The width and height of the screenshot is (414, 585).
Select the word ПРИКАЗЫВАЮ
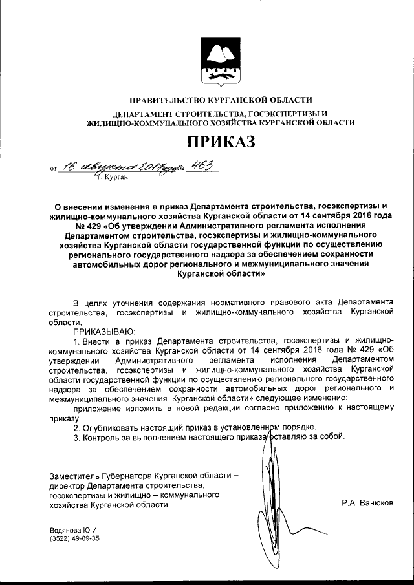101,330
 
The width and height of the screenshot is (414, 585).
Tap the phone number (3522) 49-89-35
74,540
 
